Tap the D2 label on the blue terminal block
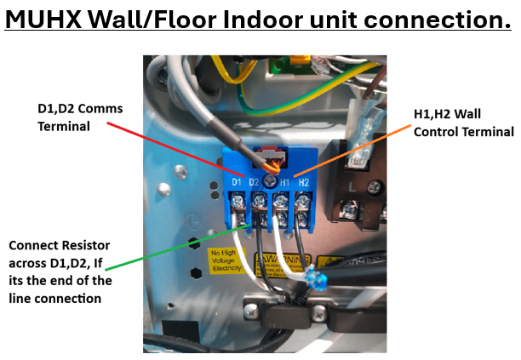[254, 183]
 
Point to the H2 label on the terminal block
[304, 183]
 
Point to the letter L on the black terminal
[351, 184]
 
